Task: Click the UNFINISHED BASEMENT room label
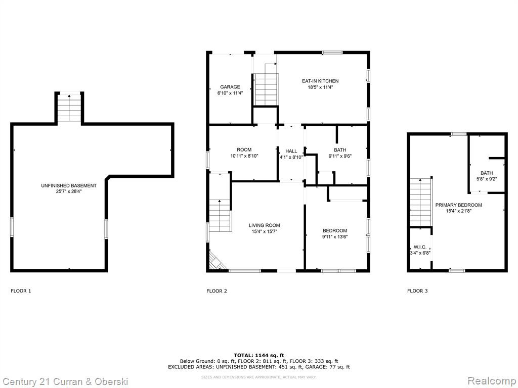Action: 69,186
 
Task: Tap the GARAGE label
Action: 230,87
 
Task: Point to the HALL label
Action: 291,151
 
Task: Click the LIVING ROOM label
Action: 264,225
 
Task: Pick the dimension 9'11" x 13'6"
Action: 335,236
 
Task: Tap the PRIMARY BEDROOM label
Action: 458,205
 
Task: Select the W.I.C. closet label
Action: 420,247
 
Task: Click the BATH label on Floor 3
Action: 487,173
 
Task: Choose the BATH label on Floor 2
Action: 340,150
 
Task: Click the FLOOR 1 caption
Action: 21,291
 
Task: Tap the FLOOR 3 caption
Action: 417,291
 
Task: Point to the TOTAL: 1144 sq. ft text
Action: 259,355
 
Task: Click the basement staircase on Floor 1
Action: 69,108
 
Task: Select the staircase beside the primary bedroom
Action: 420,202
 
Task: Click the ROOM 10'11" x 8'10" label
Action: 244,153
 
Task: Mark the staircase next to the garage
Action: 265,89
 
